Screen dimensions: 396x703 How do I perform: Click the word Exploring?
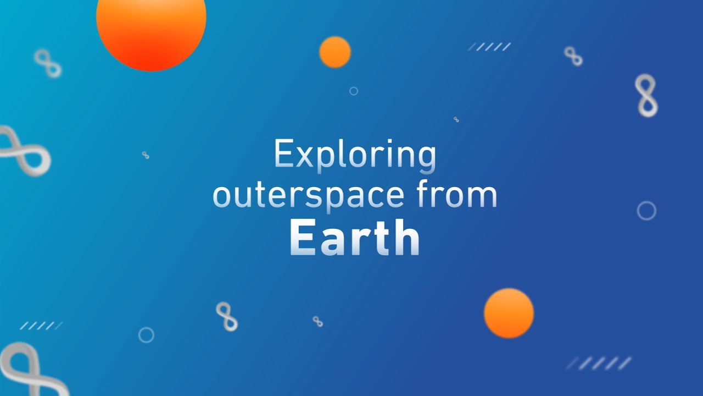coord(355,155)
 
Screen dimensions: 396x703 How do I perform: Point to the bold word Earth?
coord(354,238)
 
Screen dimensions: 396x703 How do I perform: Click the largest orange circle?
coord(151,22)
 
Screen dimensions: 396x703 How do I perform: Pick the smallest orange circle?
coord(335,52)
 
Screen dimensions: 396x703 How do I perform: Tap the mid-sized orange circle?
coord(509,313)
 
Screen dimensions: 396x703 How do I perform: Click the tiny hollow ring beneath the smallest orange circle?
coord(354,91)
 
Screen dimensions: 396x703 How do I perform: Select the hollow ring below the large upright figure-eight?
coord(646,211)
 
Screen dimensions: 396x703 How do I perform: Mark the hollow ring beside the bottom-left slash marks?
coord(146,335)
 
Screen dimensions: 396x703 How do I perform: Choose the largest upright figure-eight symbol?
coord(646,96)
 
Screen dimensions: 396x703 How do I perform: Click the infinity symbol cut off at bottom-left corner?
coord(27,371)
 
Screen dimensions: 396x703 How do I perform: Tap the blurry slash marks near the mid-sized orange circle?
coord(599,364)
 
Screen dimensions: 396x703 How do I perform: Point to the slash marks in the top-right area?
coord(489,47)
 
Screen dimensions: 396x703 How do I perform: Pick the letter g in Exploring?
coord(426,158)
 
